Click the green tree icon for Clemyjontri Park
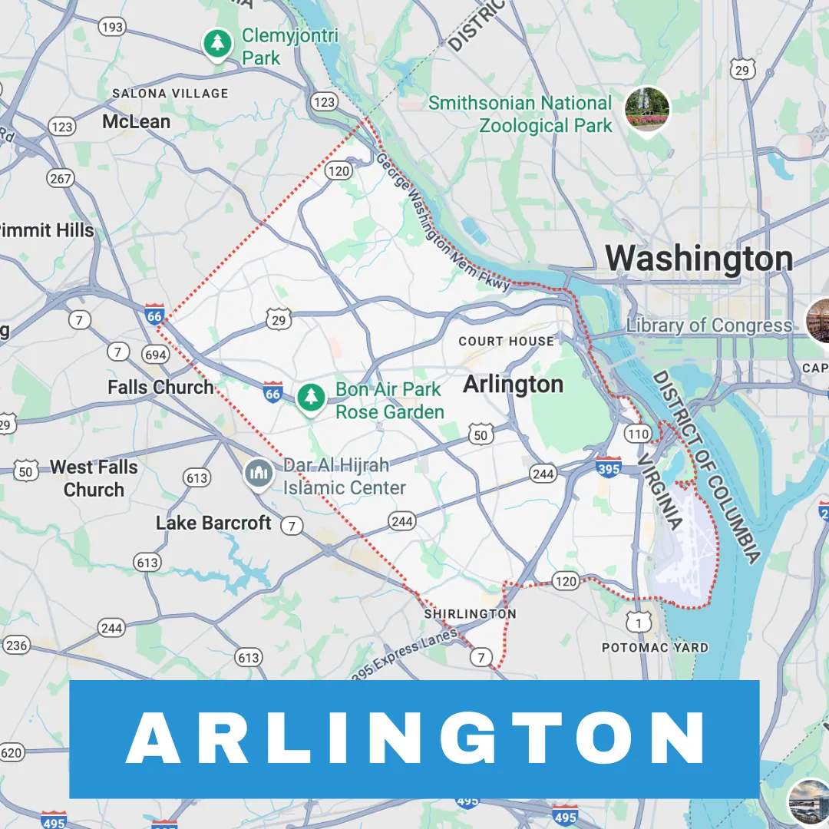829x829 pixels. point(219,44)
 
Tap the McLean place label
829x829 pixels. point(137,122)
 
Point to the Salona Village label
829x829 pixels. point(170,94)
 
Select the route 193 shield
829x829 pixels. point(112,28)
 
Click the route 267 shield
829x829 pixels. point(60,179)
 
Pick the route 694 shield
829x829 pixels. point(155,354)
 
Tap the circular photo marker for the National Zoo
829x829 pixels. point(647,108)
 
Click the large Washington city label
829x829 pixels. point(699,259)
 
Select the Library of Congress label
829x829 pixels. point(708,325)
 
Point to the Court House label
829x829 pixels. point(506,341)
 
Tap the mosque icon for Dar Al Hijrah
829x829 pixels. point(259,474)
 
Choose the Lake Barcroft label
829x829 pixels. point(213,523)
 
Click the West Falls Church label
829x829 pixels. point(94,478)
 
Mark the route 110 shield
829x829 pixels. point(638,434)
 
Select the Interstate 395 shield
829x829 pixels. point(609,466)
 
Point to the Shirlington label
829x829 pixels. point(471,614)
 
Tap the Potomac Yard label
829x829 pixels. point(655,648)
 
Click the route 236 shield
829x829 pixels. point(16,646)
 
